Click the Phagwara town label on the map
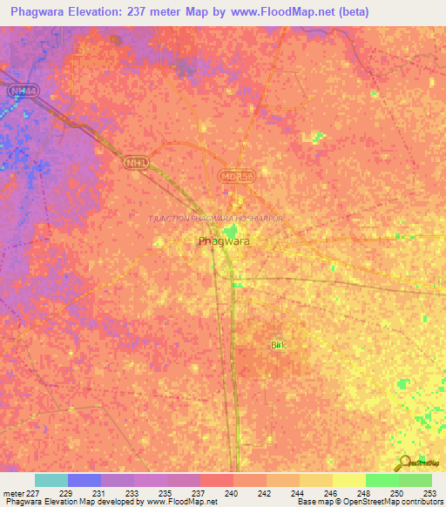[x=219, y=241]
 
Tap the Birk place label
[x=278, y=346]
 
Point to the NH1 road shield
[x=133, y=163]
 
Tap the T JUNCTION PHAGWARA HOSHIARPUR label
[x=218, y=218]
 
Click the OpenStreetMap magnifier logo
[x=405, y=463]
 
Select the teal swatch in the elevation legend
[x=51, y=480]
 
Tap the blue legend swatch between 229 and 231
[x=84, y=480]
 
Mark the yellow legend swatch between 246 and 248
[x=348, y=480]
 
